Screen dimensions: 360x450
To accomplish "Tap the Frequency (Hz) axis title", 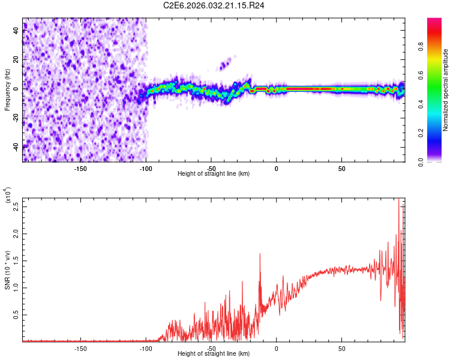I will (x=8, y=90).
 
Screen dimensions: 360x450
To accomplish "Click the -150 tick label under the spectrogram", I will (x=81, y=167).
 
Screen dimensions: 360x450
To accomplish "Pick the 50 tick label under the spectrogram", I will (x=341, y=167).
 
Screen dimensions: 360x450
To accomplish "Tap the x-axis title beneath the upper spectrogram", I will (x=214, y=174).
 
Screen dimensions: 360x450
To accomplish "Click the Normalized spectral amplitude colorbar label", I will (x=446, y=90).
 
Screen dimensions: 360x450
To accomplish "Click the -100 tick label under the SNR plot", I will (x=146, y=347).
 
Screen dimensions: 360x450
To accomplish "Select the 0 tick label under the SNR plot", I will (x=276, y=347).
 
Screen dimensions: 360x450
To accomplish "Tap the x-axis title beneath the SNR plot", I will (x=214, y=354).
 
